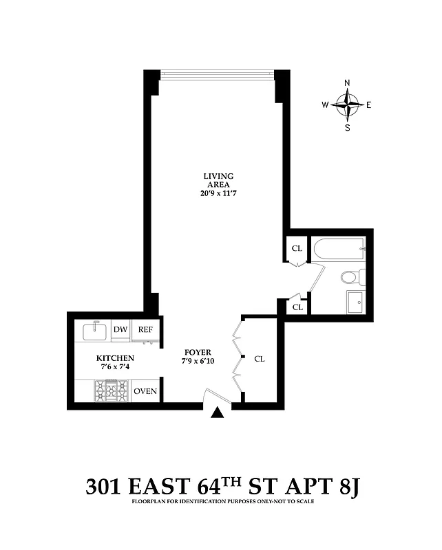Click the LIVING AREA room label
pos(218,180)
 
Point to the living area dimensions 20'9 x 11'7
pos(218,194)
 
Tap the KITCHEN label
pos(115,358)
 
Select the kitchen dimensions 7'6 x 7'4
pos(115,368)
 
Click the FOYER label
pos(198,352)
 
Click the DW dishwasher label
pos(120,330)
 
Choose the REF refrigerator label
pos(145,330)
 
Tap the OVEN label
pos(145,392)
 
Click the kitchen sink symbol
pos(94,331)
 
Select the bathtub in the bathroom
pos(338,250)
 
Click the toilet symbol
pos(350,278)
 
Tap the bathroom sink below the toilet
pos(356,302)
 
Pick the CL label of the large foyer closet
pos(260,359)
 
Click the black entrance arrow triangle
pos(218,412)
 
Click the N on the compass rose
pos(347,83)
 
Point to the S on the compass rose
pos(347,127)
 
